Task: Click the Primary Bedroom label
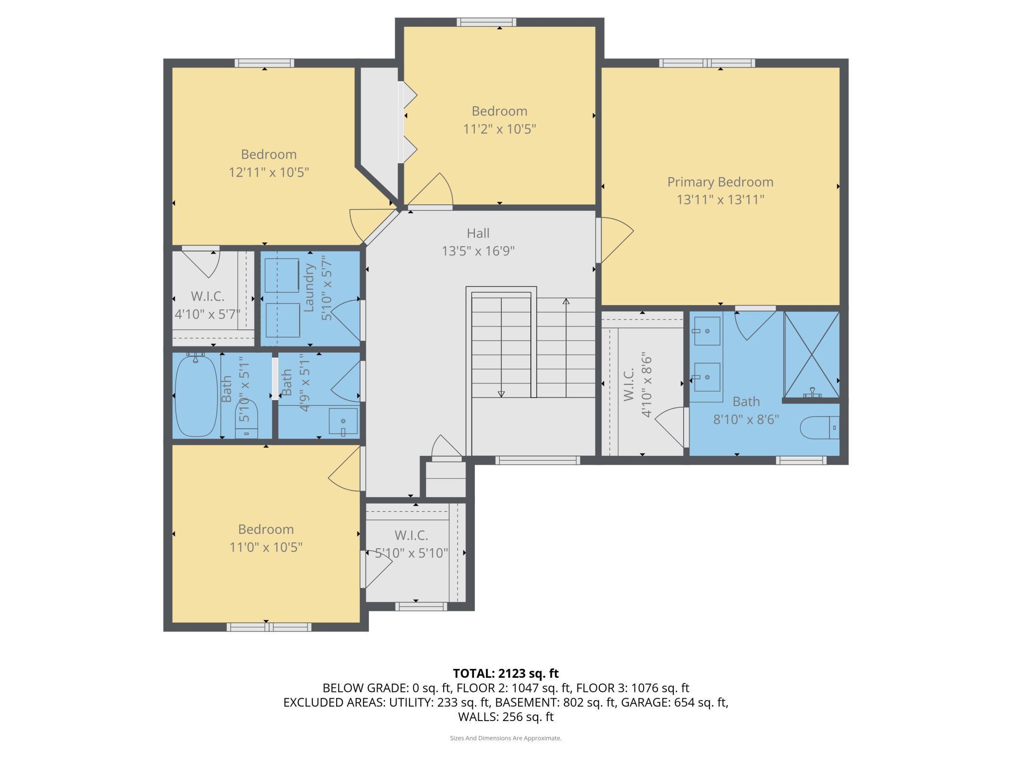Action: (720, 182)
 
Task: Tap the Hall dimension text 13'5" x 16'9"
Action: (478, 251)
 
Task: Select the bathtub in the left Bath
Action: (196, 396)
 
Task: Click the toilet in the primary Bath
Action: (820, 428)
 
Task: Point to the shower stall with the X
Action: (812, 355)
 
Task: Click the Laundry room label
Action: (309, 288)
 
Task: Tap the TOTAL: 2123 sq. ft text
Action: (506, 673)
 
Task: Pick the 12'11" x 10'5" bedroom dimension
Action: (269, 172)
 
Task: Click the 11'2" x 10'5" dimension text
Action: (500, 129)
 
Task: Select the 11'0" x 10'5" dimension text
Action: (266, 547)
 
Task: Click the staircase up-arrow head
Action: (566, 302)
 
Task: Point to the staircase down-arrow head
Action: (501, 394)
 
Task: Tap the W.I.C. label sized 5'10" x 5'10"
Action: (411, 535)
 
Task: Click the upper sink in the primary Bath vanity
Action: (707, 331)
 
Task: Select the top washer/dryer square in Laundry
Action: (282, 275)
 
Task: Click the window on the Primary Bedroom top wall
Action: (707, 63)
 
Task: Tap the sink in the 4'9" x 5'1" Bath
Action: (343, 421)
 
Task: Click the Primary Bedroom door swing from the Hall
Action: (615, 240)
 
